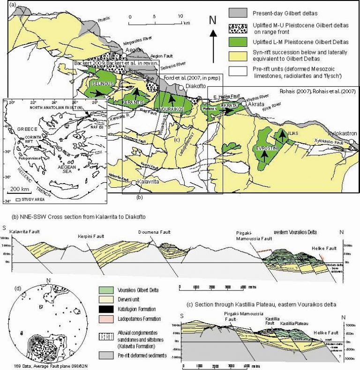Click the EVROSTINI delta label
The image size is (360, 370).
267,148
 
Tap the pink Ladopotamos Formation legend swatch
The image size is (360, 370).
108,320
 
